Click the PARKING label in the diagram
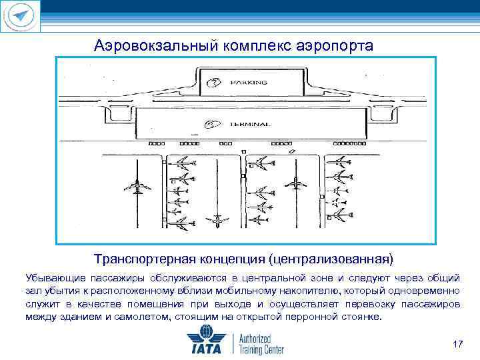[249, 83]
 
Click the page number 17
[457, 344]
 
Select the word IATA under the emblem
[208, 348]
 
